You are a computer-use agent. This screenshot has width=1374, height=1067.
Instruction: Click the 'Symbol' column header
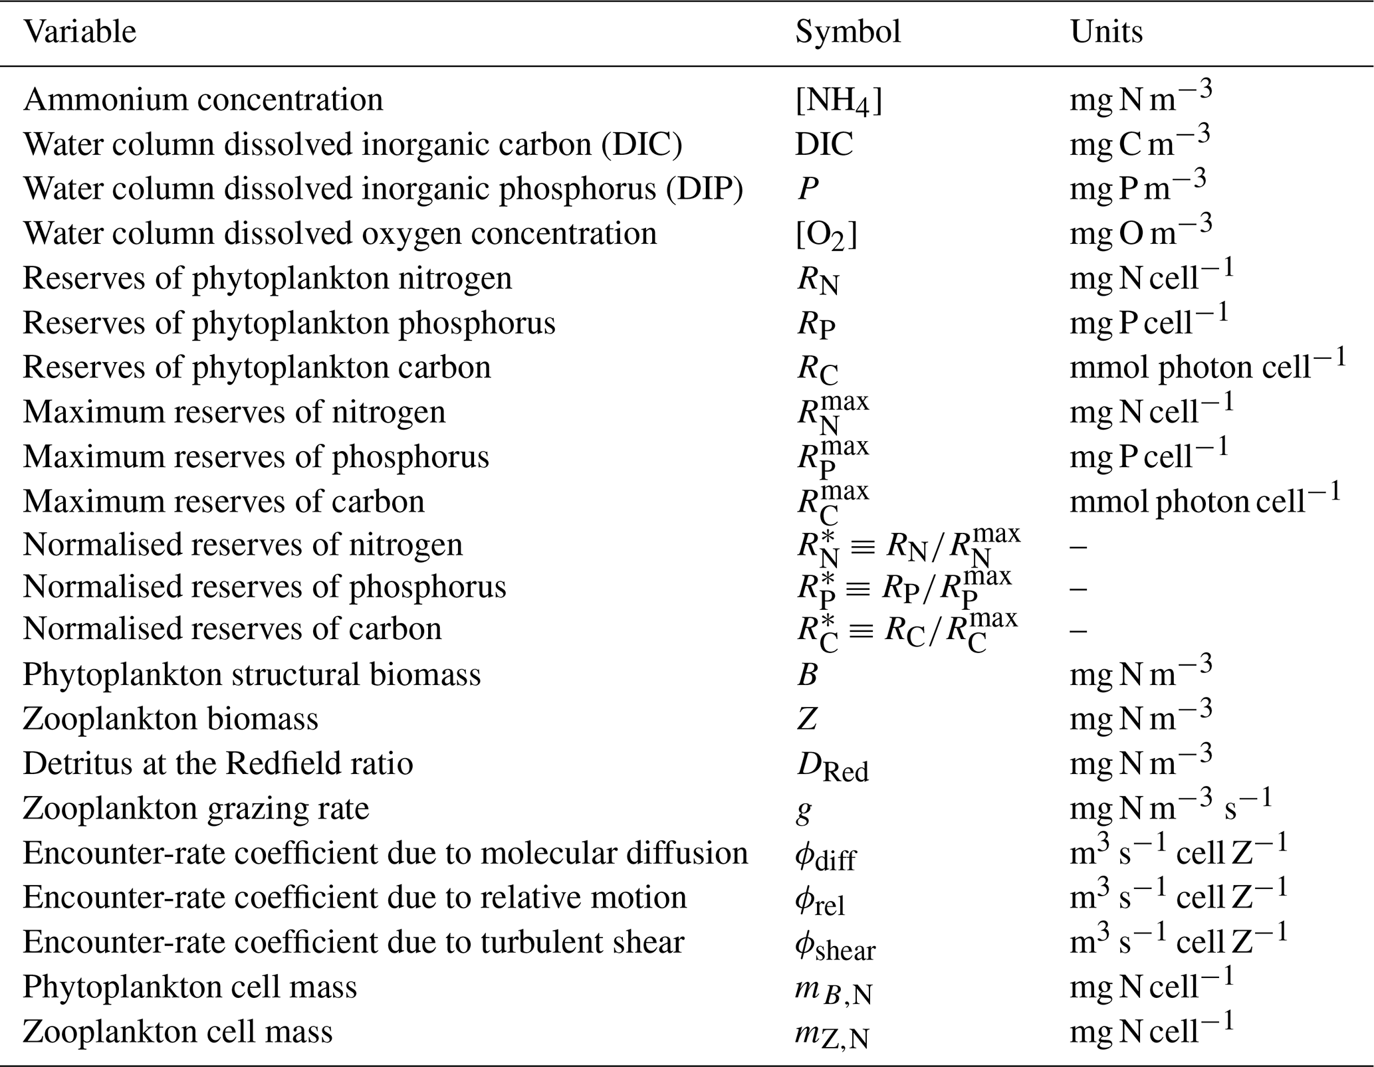click(848, 32)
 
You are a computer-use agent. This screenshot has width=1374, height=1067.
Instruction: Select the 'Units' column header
click(1106, 32)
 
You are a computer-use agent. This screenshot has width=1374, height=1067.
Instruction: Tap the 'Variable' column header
click(80, 32)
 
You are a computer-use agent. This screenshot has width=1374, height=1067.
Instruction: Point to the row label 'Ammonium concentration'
click(203, 100)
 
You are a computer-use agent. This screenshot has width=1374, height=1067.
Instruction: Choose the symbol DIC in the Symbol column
click(824, 145)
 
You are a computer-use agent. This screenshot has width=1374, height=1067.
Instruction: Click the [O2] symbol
click(826, 236)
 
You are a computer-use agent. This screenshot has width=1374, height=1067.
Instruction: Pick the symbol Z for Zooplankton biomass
click(807, 720)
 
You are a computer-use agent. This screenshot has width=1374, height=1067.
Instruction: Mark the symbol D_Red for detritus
click(832, 767)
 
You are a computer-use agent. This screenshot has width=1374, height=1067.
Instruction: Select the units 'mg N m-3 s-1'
click(1170, 807)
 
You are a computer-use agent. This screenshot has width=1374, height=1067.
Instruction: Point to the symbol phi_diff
click(825, 856)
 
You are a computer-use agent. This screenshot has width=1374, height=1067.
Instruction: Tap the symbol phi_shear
click(835, 945)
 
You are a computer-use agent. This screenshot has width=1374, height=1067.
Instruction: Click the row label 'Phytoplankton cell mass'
click(189, 987)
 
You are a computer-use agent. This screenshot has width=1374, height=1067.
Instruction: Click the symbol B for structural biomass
click(807, 675)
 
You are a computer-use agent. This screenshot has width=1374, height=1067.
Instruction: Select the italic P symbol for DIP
click(808, 189)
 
